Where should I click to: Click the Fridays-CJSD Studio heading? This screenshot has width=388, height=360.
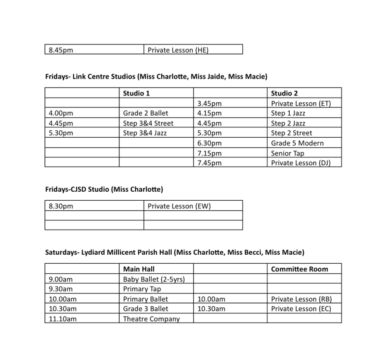point(104,189)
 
